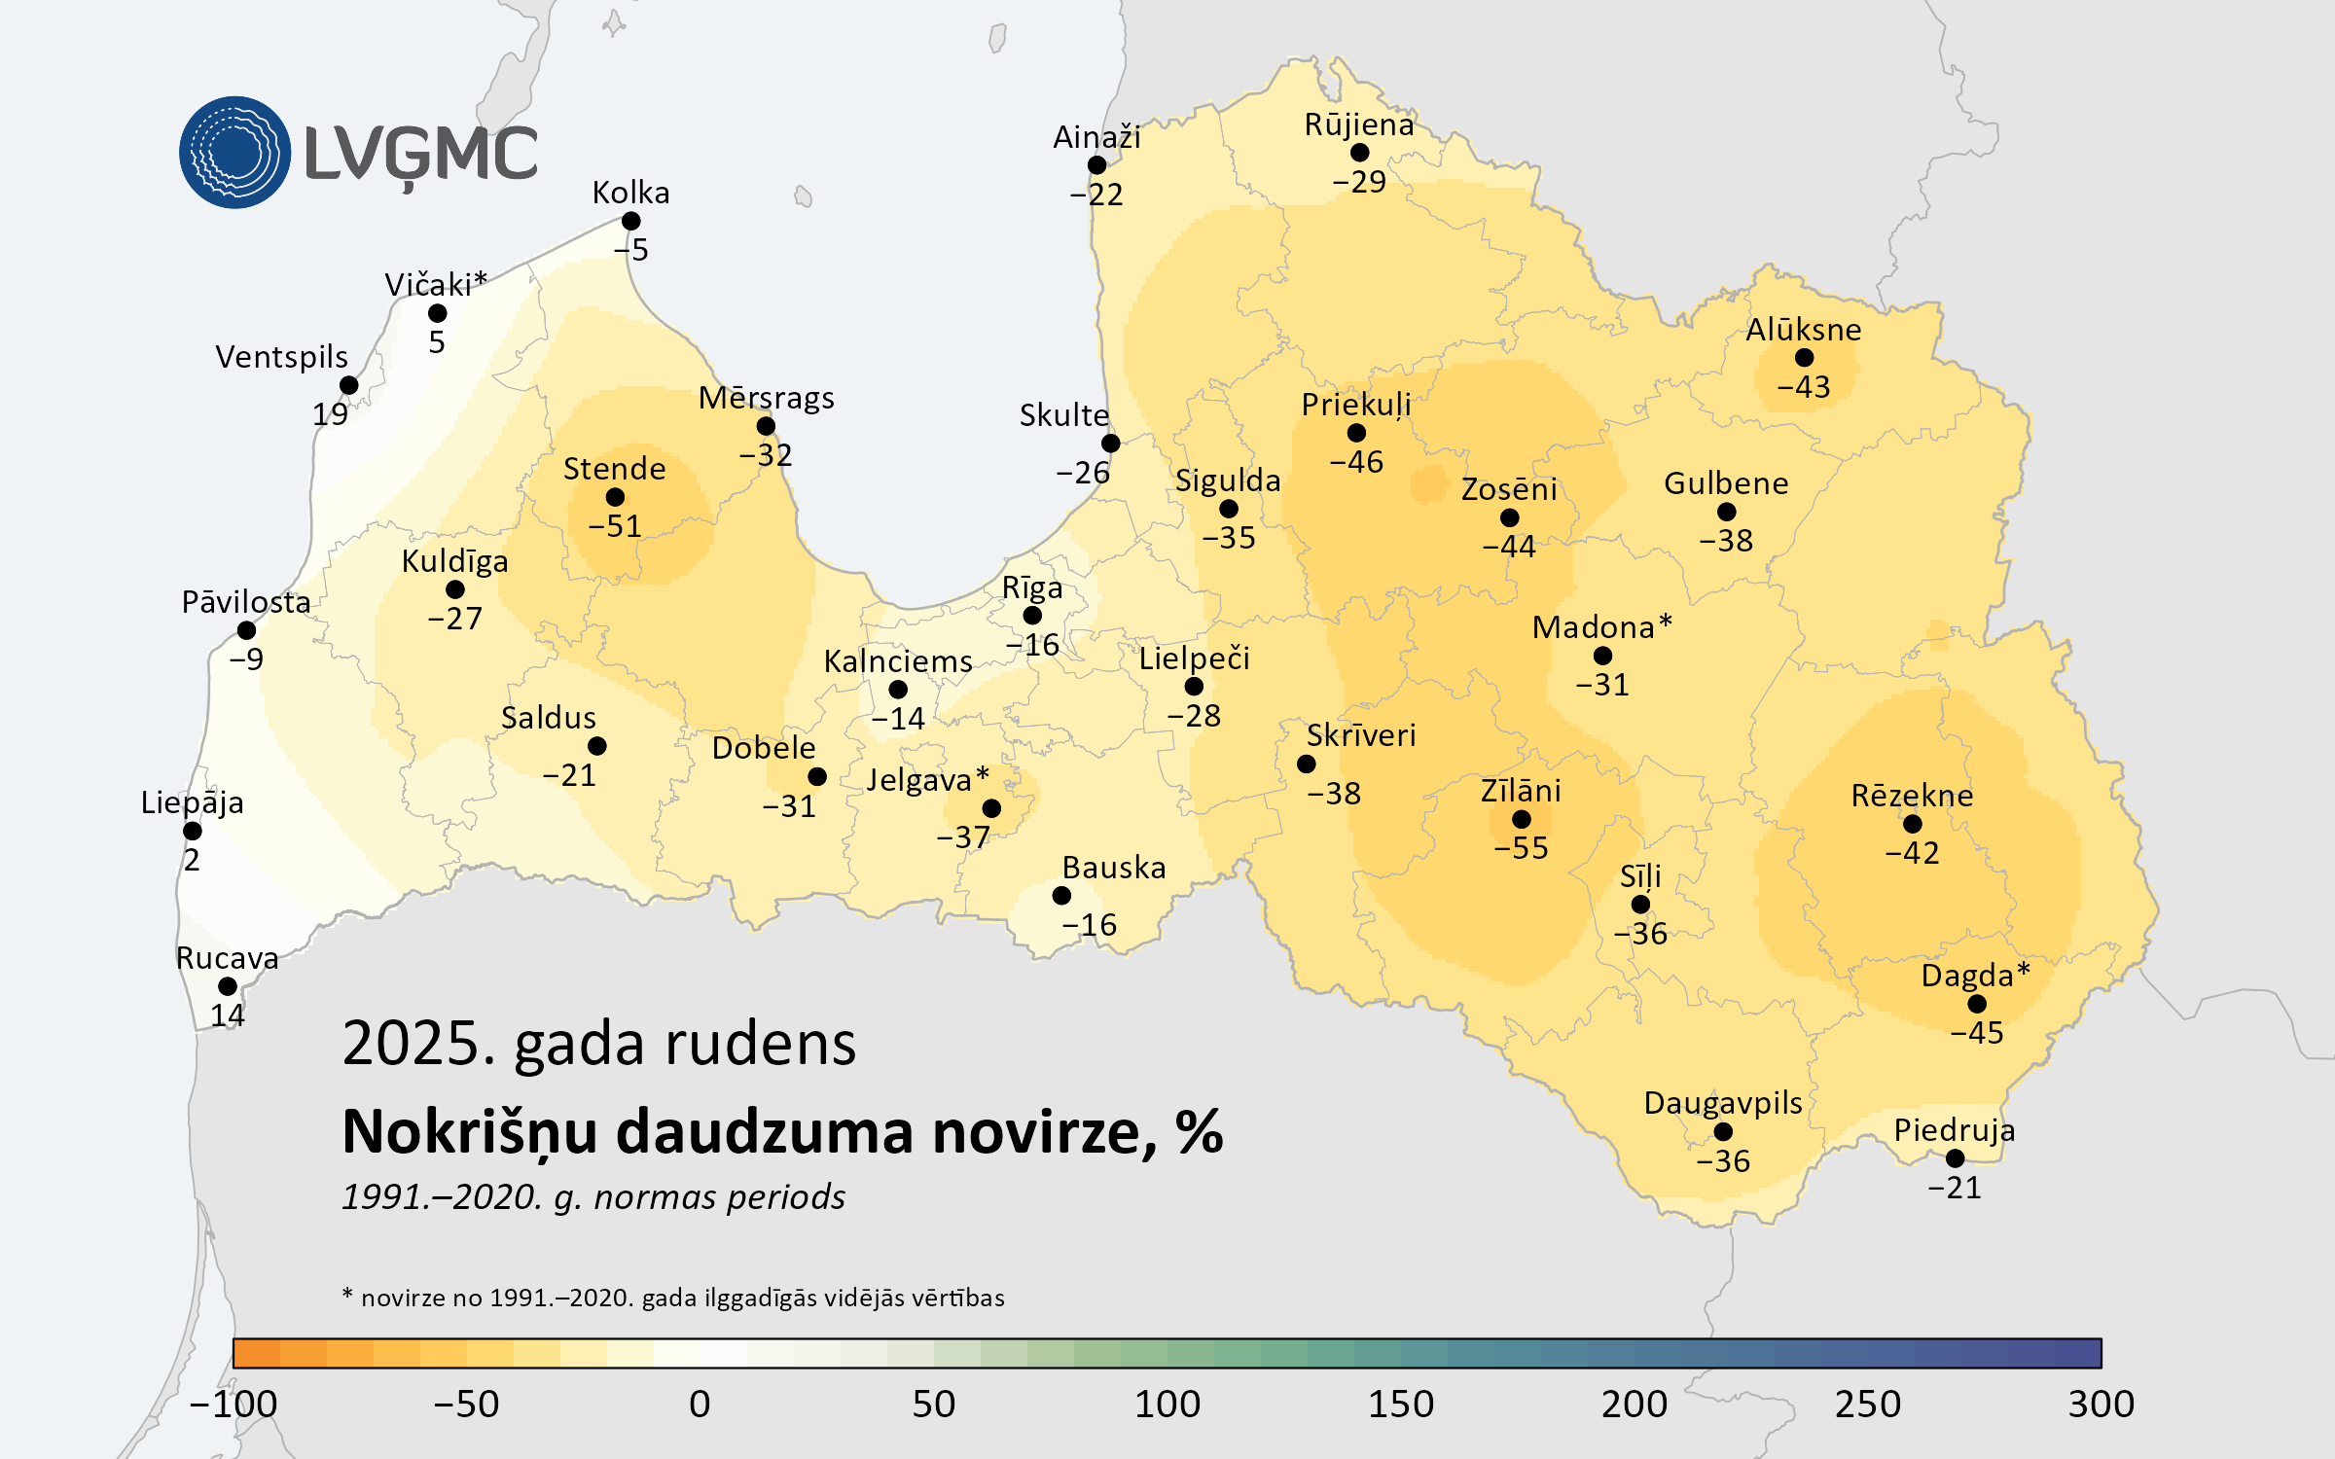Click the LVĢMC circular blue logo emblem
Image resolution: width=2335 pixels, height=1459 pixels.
(x=234, y=152)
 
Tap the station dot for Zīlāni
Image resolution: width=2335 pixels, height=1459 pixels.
(x=1522, y=820)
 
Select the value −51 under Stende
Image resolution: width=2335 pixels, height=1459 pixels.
(x=615, y=526)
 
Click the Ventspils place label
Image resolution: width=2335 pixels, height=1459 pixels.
(x=281, y=357)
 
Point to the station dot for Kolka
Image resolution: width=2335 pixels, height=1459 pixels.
(x=630, y=222)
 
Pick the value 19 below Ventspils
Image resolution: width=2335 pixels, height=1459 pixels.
(x=330, y=414)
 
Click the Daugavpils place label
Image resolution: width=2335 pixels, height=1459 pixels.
(x=1722, y=1103)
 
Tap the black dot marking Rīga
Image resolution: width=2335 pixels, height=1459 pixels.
(x=1032, y=616)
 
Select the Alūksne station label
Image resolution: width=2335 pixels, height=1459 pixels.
(x=1803, y=330)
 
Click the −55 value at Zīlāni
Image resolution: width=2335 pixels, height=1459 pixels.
(x=1521, y=848)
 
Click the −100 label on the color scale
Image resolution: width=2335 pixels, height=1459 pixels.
(x=233, y=1404)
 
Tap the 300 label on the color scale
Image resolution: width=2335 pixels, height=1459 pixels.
(x=2101, y=1404)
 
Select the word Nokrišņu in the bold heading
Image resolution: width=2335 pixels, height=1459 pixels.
(x=470, y=1132)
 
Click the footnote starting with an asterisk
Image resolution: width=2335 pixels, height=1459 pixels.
(x=672, y=1298)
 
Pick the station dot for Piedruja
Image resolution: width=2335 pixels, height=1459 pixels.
(x=1955, y=1158)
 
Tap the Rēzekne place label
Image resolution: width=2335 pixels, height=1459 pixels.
(x=1912, y=796)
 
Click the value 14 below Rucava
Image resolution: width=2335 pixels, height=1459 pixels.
(x=228, y=1015)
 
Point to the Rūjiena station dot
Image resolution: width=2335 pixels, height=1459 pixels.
(x=1359, y=153)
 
